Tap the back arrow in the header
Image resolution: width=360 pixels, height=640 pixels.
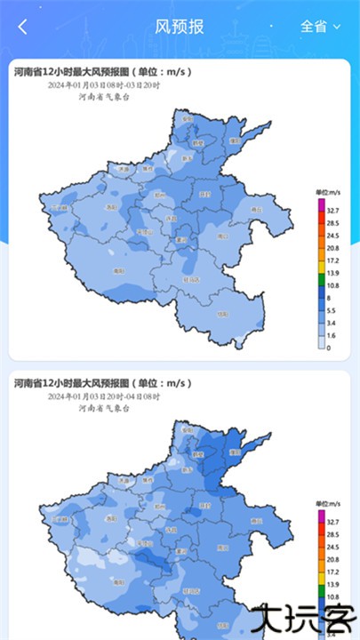click(x=23, y=27)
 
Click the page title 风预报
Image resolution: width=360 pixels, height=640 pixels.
click(x=180, y=27)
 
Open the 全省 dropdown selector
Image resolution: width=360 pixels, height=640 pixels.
click(x=321, y=27)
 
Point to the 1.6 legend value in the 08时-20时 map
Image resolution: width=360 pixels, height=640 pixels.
click(x=332, y=335)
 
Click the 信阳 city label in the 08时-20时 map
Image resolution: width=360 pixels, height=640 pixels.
click(x=222, y=313)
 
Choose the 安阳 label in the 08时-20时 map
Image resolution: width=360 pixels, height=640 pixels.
click(x=187, y=119)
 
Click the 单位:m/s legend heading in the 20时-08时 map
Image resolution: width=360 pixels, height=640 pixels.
click(x=329, y=504)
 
